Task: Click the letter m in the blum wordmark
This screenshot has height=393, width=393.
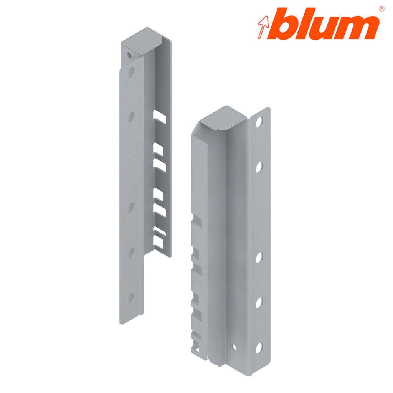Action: coord(351,28)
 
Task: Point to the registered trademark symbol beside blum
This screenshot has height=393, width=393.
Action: coord(381,8)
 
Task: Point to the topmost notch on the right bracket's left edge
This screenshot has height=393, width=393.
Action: coord(196,222)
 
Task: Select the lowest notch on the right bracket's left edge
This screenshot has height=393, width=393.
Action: coord(196,338)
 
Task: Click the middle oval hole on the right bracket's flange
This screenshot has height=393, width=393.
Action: coord(259,258)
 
